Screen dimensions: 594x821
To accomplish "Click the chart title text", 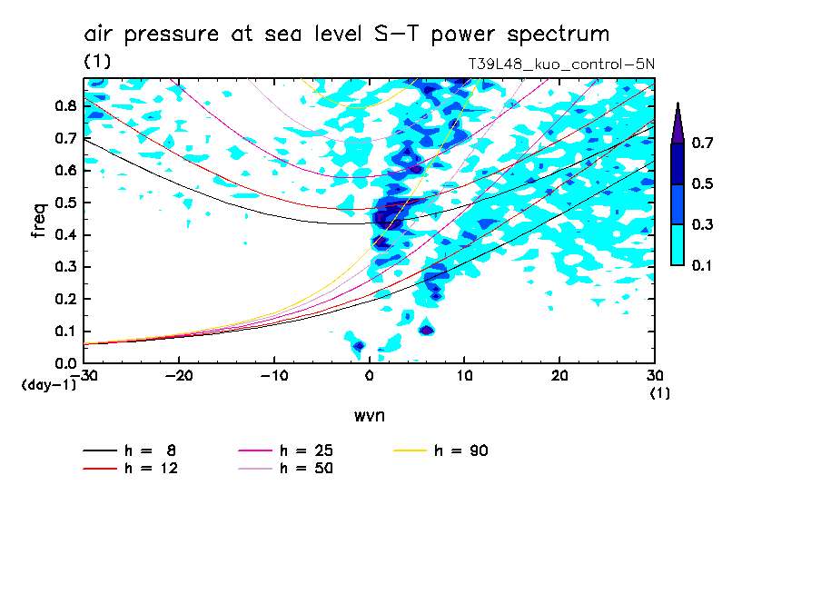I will coord(346,35).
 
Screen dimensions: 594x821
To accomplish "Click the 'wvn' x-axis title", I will coord(369,416).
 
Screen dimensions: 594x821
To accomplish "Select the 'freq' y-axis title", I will coord(39,222).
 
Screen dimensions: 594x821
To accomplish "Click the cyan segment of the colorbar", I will coord(678,244).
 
